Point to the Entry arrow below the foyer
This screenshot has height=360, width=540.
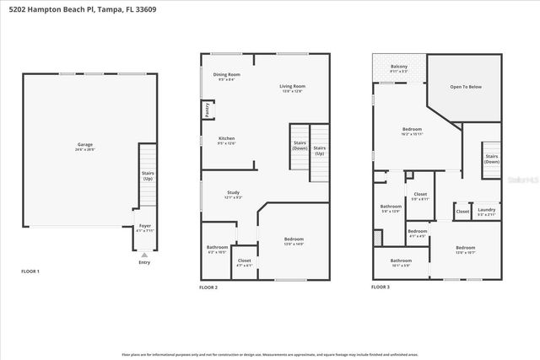tap(143, 254)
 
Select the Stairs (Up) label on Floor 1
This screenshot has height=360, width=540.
tap(147, 175)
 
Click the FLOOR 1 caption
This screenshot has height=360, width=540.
tap(30, 271)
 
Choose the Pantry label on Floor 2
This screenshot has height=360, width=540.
tap(207, 110)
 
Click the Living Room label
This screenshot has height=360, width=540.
tap(293, 88)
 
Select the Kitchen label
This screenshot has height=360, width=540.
tap(226, 140)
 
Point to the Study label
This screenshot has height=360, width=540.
tap(233, 195)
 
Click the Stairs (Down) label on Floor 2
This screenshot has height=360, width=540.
tap(300, 146)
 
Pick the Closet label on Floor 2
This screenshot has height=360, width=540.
tap(245, 262)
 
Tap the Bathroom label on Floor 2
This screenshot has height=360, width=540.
tap(217, 249)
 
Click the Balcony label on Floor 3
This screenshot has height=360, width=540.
tap(399, 68)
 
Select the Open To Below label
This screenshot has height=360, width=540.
tap(465, 86)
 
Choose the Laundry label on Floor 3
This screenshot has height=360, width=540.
tap(486, 212)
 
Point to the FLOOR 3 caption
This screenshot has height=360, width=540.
tap(381, 287)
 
